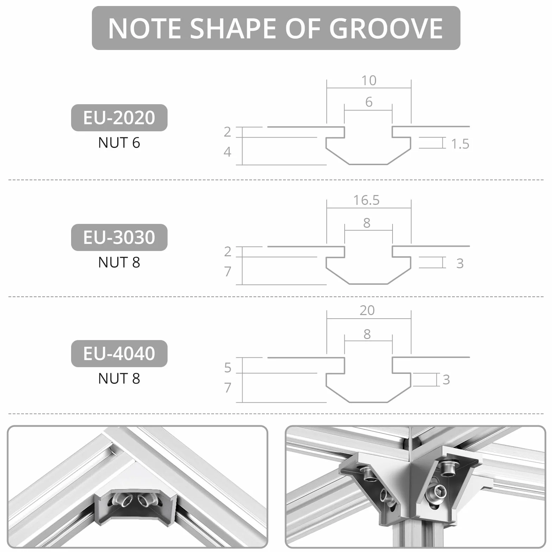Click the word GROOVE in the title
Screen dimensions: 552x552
[386, 28]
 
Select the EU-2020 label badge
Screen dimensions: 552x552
[119, 118]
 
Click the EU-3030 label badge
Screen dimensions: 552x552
[119, 237]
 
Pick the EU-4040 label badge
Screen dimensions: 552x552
[119, 353]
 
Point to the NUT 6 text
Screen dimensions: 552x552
[119, 143]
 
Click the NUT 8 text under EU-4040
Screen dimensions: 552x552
[119, 378]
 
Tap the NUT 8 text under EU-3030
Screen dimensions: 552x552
[119, 262]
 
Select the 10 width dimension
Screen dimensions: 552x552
[369, 81]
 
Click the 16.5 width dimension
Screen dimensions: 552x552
[366, 200]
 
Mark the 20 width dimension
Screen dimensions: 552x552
[367, 310]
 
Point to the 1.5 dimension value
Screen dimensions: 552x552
[460, 144]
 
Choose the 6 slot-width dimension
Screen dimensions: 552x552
[369, 102]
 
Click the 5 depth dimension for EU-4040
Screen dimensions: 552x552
[228, 368]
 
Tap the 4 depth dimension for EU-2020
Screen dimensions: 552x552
[228, 152]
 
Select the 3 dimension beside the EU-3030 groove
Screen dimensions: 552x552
[460, 263]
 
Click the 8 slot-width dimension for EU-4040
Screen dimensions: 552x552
[367, 334]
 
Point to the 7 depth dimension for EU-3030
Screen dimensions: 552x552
[228, 271]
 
